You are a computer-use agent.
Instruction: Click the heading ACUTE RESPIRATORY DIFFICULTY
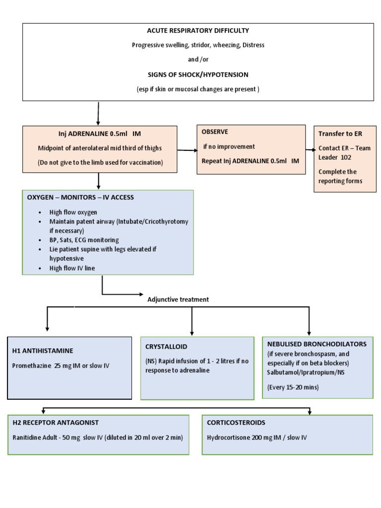[198, 31]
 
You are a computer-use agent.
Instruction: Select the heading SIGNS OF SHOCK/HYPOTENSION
[198, 74]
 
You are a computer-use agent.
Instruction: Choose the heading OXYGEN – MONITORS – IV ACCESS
[80, 197]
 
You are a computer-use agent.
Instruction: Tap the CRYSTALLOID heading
[166, 346]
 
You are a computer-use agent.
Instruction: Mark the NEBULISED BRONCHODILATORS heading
[317, 343]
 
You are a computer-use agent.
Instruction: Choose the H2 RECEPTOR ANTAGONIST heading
[56, 422]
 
